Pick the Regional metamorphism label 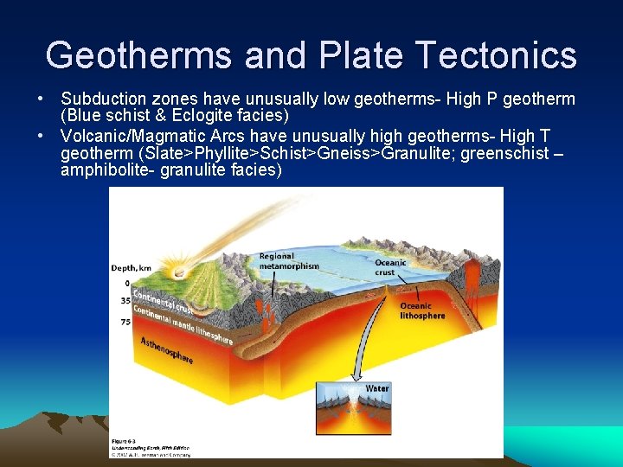tap(289, 261)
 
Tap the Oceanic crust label tap(390, 267)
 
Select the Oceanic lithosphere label tap(422, 310)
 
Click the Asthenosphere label tap(166, 349)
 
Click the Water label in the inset tap(377, 388)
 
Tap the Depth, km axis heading tap(131, 268)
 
